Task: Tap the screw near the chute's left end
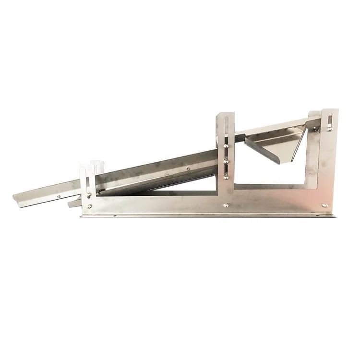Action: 59,196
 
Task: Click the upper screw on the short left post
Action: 89,195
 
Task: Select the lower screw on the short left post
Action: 89,206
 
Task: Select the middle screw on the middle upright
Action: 226,161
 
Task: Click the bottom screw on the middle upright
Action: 226,177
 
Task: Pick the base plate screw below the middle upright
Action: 226,205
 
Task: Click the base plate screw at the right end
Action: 325,205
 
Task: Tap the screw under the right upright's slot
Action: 329,129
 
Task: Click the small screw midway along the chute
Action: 188,168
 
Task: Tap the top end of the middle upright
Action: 225,115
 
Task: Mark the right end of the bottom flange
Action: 335,216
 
